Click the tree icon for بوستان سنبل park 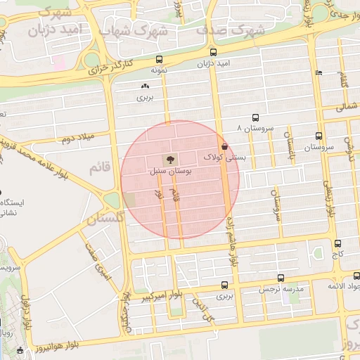tap(169, 159)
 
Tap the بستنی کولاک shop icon tap(224, 146)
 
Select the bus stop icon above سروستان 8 tap(255, 118)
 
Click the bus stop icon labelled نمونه tap(159, 60)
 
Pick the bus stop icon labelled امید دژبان tap(213, 53)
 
